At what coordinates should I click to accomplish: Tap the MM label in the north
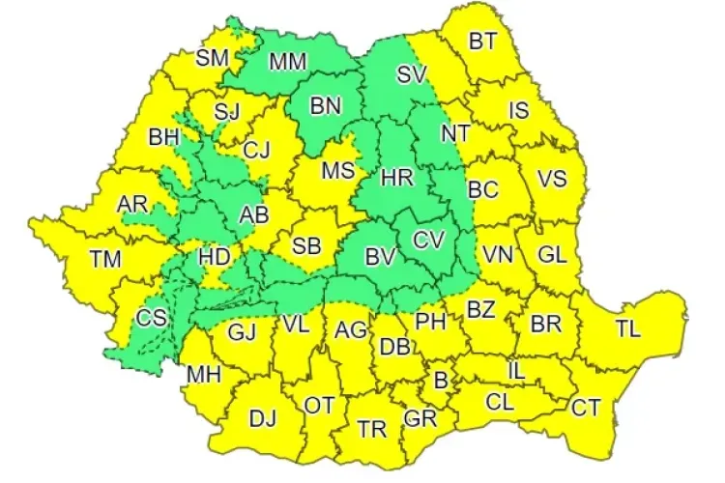coord(287,62)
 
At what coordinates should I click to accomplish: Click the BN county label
coord(327,105)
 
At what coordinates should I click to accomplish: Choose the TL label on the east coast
coord(628,328)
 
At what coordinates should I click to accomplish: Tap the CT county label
coord(586,407)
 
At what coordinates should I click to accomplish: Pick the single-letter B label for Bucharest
coord(441,381)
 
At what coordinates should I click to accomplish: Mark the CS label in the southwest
coord(151,317)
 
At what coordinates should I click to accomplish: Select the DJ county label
coord(263,418)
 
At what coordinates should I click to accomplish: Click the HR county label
coord(396,177)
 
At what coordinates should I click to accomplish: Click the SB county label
coord(306,245)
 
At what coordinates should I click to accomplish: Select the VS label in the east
coord(552,179)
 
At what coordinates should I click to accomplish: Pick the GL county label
coord(552,254)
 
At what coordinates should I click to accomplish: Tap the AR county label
coord(132,205)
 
